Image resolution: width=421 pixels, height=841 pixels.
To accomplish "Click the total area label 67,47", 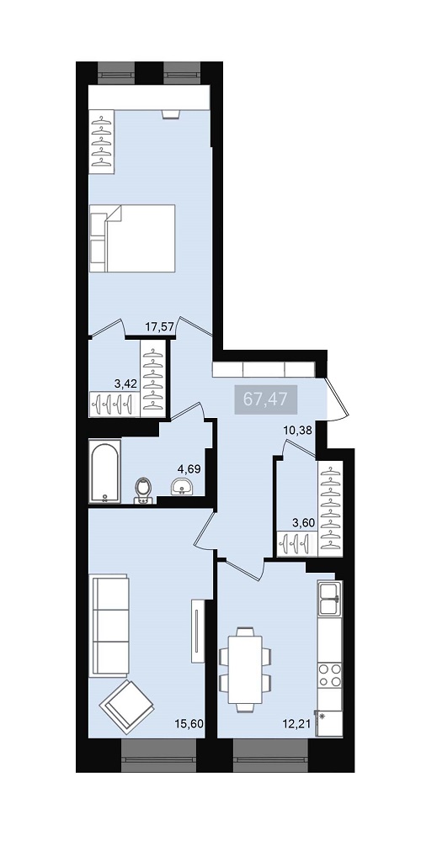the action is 266,399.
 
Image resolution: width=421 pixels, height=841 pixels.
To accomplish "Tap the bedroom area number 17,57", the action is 159,325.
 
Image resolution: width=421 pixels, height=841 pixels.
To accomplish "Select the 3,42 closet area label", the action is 125,383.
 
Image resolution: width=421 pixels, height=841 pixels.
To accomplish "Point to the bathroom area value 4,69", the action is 189,469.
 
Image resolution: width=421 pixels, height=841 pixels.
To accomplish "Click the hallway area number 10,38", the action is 298,429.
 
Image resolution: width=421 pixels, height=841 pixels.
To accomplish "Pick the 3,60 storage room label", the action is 302,521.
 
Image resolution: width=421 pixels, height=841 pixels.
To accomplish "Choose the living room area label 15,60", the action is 189,723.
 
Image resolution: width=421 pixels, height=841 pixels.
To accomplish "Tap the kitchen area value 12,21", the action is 297,723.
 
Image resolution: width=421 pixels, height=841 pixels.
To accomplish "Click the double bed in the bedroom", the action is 133,238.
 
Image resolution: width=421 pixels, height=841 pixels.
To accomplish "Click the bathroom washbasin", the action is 183,488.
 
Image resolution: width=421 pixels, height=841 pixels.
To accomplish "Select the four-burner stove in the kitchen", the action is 330,675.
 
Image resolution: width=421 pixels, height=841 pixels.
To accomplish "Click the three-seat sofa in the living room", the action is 109,626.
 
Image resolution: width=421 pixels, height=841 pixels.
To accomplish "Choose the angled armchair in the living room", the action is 127,707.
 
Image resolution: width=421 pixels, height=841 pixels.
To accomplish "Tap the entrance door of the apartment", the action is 338,398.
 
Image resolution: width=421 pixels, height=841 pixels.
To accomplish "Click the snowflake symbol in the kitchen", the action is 322,716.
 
